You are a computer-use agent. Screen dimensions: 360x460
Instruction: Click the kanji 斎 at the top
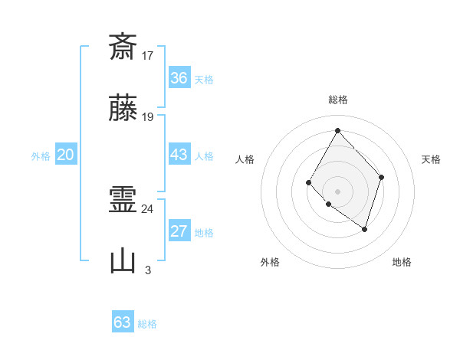pyautogui.click(x=123, y=47)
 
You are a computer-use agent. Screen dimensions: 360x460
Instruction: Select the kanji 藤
pyautogui.click(x=123, y=110)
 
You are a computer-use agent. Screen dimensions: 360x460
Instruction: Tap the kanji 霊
pyautogui.click(x=123, y=201)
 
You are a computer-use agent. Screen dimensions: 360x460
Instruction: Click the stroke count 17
pyautogui.click(x=149, y=55)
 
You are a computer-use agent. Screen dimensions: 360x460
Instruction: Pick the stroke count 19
pyautogui.click(x=149, y=117)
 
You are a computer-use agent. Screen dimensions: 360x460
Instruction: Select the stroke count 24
pyautogui.click(x=148, y=208)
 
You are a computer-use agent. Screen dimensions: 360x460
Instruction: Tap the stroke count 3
pyautogui.click(x=148, y=270)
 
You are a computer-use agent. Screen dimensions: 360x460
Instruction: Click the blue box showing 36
pyautogui.click(x=179, y=78)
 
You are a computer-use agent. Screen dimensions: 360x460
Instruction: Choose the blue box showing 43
pyautogui.click(x=179, y=155)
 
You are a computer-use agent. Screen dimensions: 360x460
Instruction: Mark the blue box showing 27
pyautogui.click(x=179, y=232)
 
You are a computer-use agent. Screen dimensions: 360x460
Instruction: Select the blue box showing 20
pyautogui.click(x=66, y=155)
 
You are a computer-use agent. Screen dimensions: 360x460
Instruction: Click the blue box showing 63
pyautogui.click(x=123, y=322)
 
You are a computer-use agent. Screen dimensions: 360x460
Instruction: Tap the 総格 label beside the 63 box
pyautogui.click(x=147, y=323)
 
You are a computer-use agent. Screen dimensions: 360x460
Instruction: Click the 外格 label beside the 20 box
pyautogui.click(x=41, y=156)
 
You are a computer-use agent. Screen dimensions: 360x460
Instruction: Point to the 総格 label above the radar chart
pyautogui.click(x=337, y=100)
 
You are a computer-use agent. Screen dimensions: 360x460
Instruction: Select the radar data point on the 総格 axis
pyautogui.click(x=337, y=130)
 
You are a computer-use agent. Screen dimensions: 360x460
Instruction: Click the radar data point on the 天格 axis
pyautogui.click(x=382, y=178)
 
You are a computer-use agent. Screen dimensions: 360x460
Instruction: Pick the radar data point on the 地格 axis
pyautogui.click(x=365, y=229)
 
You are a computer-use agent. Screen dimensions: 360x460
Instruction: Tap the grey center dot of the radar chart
pyautogui.click(x=337, y=191)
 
